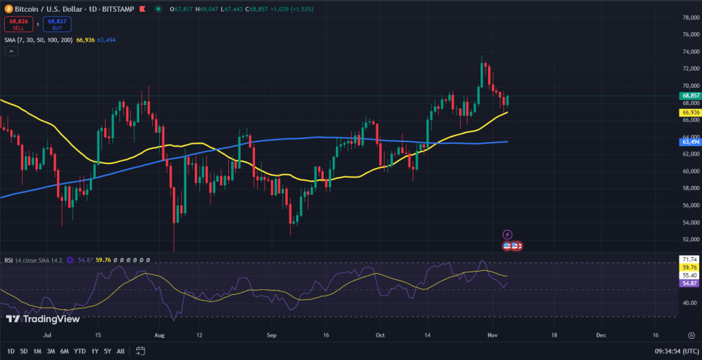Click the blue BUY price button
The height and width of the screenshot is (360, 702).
click(56, 24)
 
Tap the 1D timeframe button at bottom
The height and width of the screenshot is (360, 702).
click(10, 351)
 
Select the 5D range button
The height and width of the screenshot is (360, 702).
click(24, 351)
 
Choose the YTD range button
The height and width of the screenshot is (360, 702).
click(79, 351)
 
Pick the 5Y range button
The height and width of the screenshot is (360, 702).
click(107, 351)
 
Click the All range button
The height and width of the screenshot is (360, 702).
click(121, 351)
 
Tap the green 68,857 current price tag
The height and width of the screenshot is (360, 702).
click(690, 95)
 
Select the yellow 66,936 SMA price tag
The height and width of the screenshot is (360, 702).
click(690, 112)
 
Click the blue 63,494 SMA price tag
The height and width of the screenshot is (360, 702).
click(690, 141)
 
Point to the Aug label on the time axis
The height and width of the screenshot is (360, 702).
click(160, 335)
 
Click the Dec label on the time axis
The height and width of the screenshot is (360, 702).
click(601, 335)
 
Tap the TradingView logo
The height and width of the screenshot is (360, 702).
click(43, 318)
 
